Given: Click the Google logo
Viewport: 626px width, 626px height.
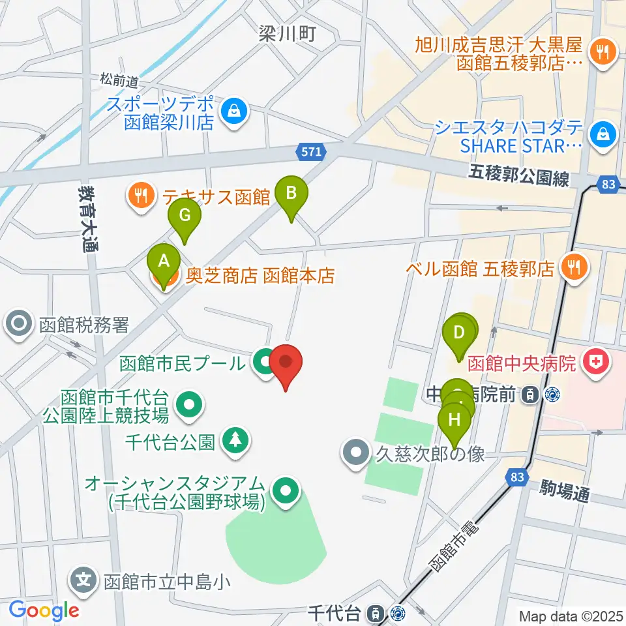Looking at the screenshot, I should click(44, 610).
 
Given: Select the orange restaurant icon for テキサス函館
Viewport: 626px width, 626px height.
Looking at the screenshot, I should click(141, 194).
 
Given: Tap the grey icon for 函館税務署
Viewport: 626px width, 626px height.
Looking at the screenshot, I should click(19, 324).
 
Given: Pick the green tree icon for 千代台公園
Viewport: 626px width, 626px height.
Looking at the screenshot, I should click(235, 441).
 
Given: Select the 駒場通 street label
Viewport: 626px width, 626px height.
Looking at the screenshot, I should click(565, 491).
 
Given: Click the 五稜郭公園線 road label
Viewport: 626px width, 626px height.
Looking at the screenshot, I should click(518, 176).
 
